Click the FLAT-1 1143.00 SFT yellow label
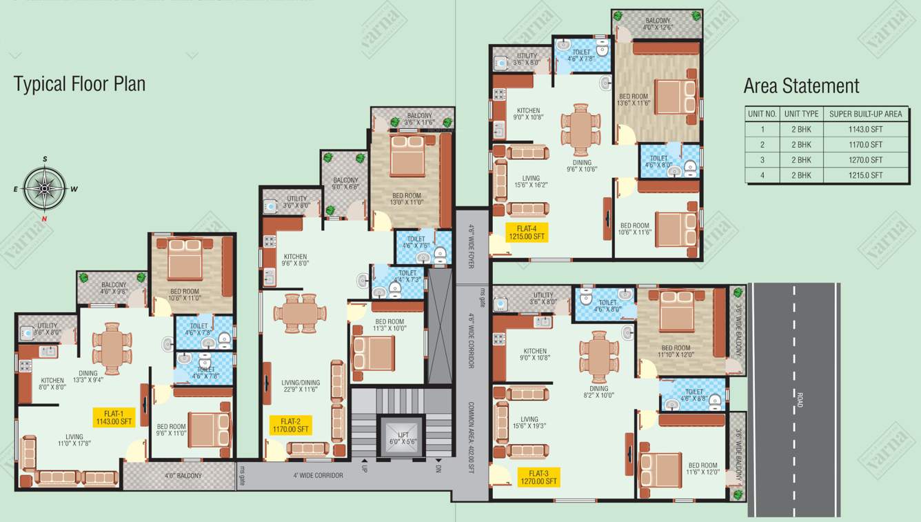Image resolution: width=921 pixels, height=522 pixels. tap(114, 418)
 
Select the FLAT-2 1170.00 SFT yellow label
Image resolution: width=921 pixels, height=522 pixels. tap(291, 425)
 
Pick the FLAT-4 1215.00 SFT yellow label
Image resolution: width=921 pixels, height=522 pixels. tap(525, 232)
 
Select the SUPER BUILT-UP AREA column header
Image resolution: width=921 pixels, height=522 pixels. tap(865, 114)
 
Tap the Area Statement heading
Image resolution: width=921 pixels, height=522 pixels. tap(801, 86)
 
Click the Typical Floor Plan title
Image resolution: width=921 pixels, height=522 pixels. tap(79, 84)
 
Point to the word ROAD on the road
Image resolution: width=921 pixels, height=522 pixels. tap(799, 401)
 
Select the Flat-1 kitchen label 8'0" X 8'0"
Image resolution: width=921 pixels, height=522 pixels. tap(52, 384)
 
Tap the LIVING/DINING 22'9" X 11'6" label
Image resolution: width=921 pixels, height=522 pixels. tap(296, 385)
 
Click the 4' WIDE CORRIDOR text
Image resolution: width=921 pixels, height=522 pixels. tap(318, 475)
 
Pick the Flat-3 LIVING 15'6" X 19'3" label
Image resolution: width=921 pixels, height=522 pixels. tap(529, 423)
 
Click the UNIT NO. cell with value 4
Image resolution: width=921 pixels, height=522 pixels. tap(762, 175)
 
